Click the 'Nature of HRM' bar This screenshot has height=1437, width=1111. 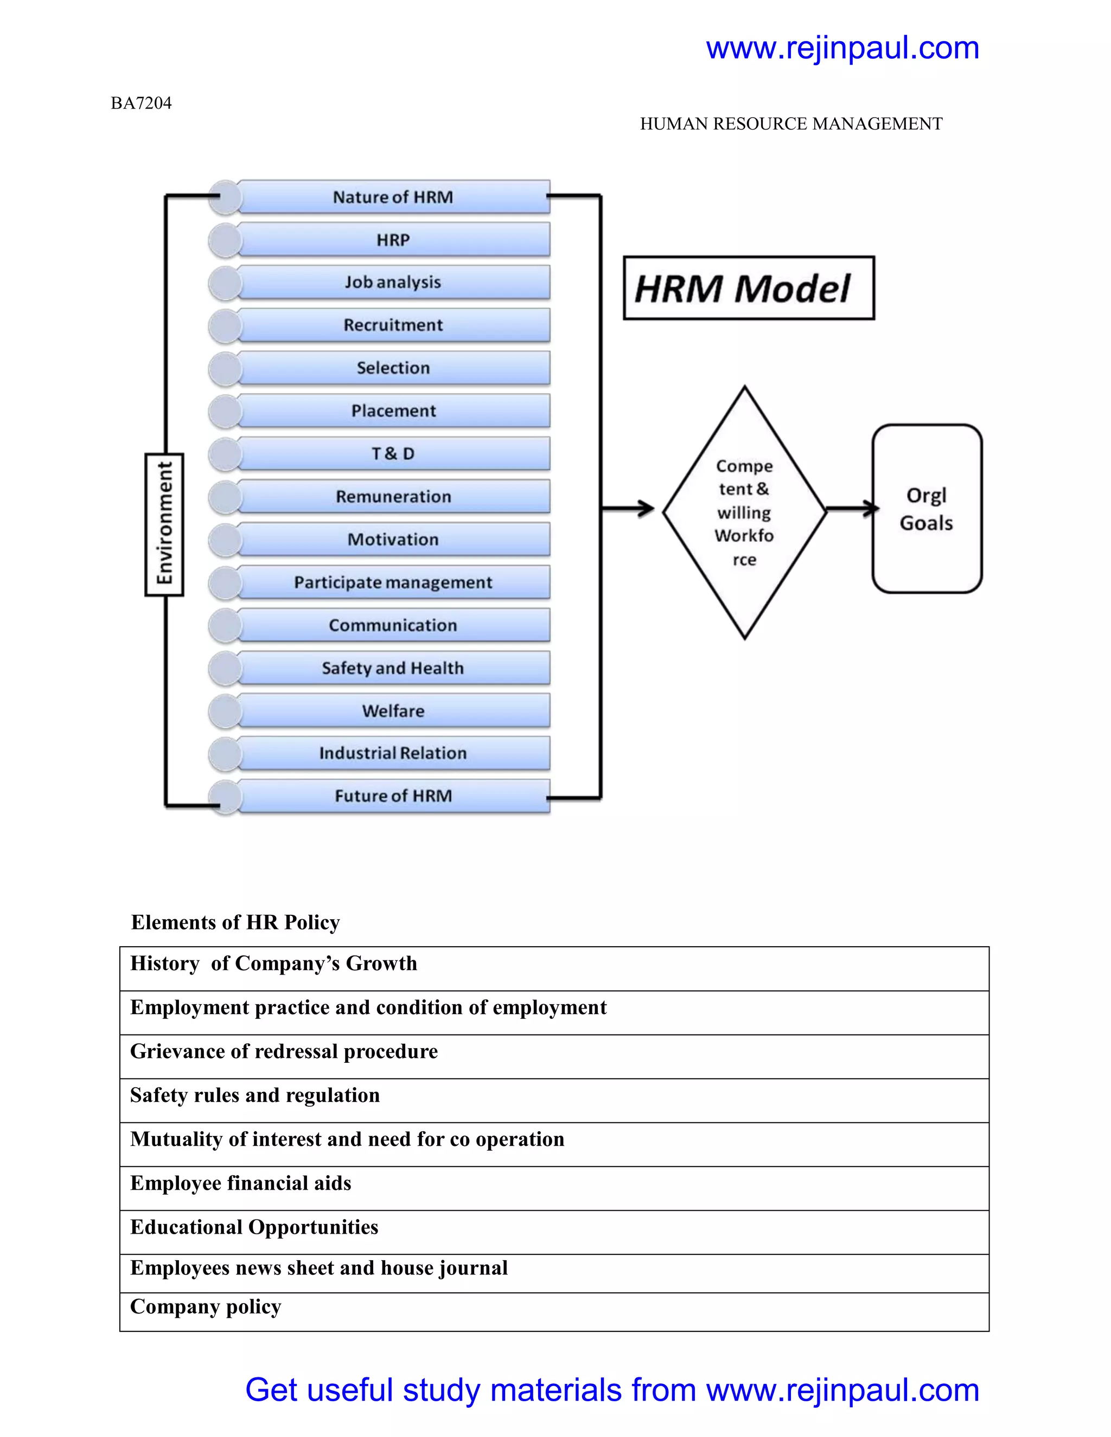[393, 197]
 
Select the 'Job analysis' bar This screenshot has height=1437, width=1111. [393, 283]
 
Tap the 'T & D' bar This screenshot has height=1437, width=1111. [393, 453]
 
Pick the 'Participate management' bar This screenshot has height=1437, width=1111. [393, 582]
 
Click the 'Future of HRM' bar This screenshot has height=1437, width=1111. [393, 796]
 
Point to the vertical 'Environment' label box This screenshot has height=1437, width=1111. [164, 524]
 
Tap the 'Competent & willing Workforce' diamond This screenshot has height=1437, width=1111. [744, 512]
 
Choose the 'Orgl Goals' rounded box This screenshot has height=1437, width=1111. [927, 509]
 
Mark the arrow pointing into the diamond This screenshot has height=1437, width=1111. [629, 508]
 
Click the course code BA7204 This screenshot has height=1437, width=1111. [141, 103]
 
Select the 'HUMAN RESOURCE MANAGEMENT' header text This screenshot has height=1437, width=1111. [791, 124]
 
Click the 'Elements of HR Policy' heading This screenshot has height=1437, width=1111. [235, 922]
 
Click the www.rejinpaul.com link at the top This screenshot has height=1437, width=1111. [842, 48]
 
